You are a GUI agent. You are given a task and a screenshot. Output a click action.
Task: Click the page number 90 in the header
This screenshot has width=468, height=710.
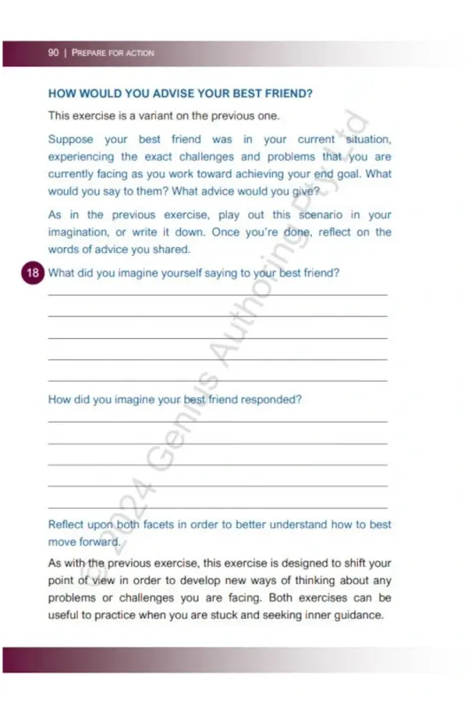(53, 53)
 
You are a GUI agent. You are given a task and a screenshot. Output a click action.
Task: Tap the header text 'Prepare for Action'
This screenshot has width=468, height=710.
(113, 53)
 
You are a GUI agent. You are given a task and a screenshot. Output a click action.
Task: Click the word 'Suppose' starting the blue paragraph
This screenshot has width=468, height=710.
(70, 140)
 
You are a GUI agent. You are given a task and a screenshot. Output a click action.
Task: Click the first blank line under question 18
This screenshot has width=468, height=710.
(218, 294)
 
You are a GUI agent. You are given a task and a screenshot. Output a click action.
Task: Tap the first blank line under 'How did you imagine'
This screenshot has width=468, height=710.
(218, 422)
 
